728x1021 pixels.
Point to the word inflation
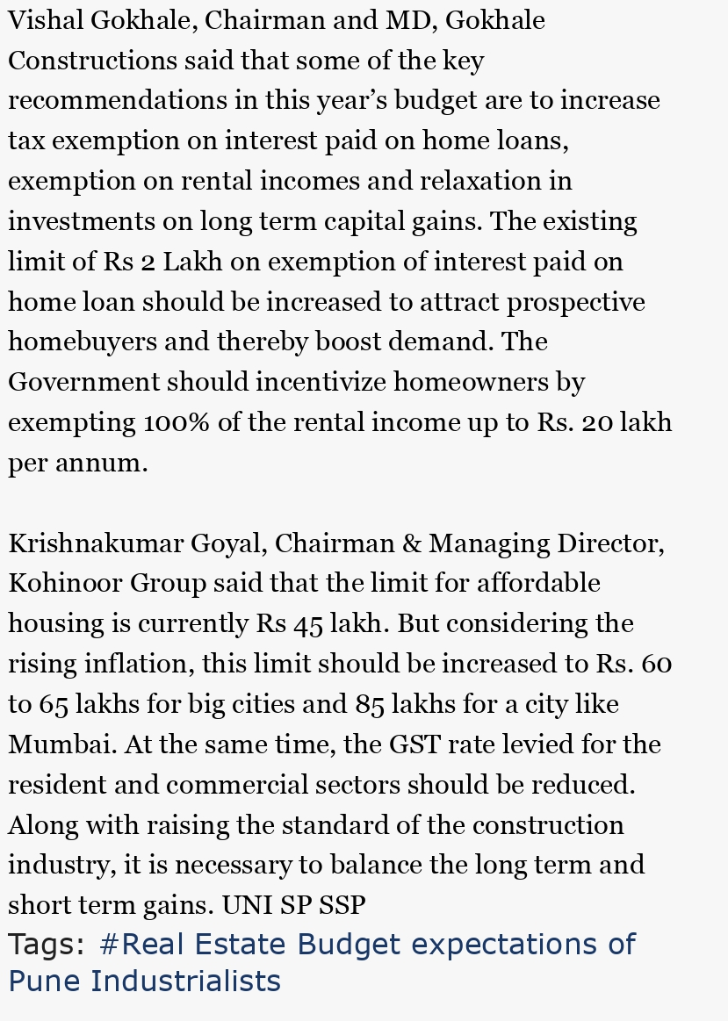[x=136, y=664]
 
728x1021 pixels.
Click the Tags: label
[x=47, y=945]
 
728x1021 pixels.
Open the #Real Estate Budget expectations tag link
[x=367, y=945]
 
